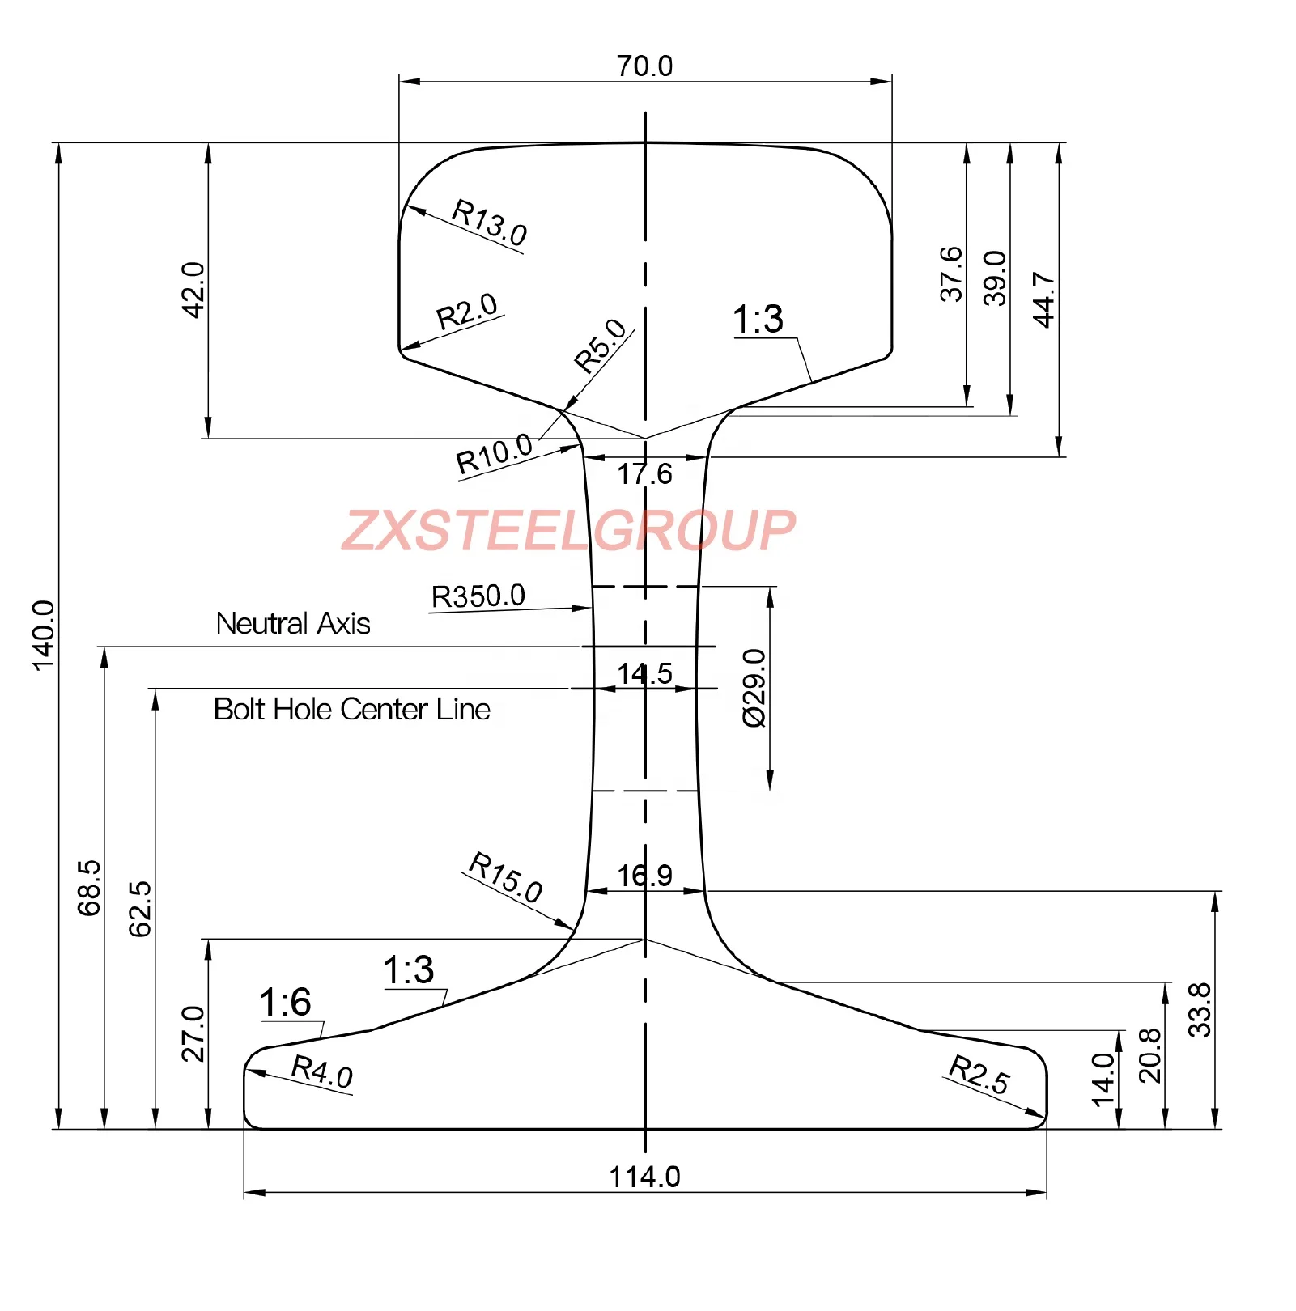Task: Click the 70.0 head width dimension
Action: [x=644, y=66]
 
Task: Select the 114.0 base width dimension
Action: [x=644, y=1177]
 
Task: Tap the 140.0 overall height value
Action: [x=43, y=635]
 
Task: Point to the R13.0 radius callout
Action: [x=490, y=222]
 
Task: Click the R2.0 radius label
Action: [x=466, y=312]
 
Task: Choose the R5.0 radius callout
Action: [x=600, y=345]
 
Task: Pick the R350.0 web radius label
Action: [x=478, y=596]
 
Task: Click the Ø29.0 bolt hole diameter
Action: [x=754, y=688]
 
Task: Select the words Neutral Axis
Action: [x=293, y=624]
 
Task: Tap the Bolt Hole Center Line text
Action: [x=351, y=710]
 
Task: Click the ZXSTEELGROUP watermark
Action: [x=568, y=531]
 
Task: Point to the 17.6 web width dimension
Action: [x=644, y=474]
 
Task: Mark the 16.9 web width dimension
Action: [x=644, y=876]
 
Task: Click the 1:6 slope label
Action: [x=285, y=1003]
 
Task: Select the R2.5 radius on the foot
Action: [x=979, y=1075]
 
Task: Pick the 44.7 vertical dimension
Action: [x=1043, y=299]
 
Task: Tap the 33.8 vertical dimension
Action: [x=1199, y=1010]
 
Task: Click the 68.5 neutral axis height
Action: [x=89, y=888]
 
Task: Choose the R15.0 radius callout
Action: [x=506, y=877]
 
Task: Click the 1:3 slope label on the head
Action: [x=758, y=320]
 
